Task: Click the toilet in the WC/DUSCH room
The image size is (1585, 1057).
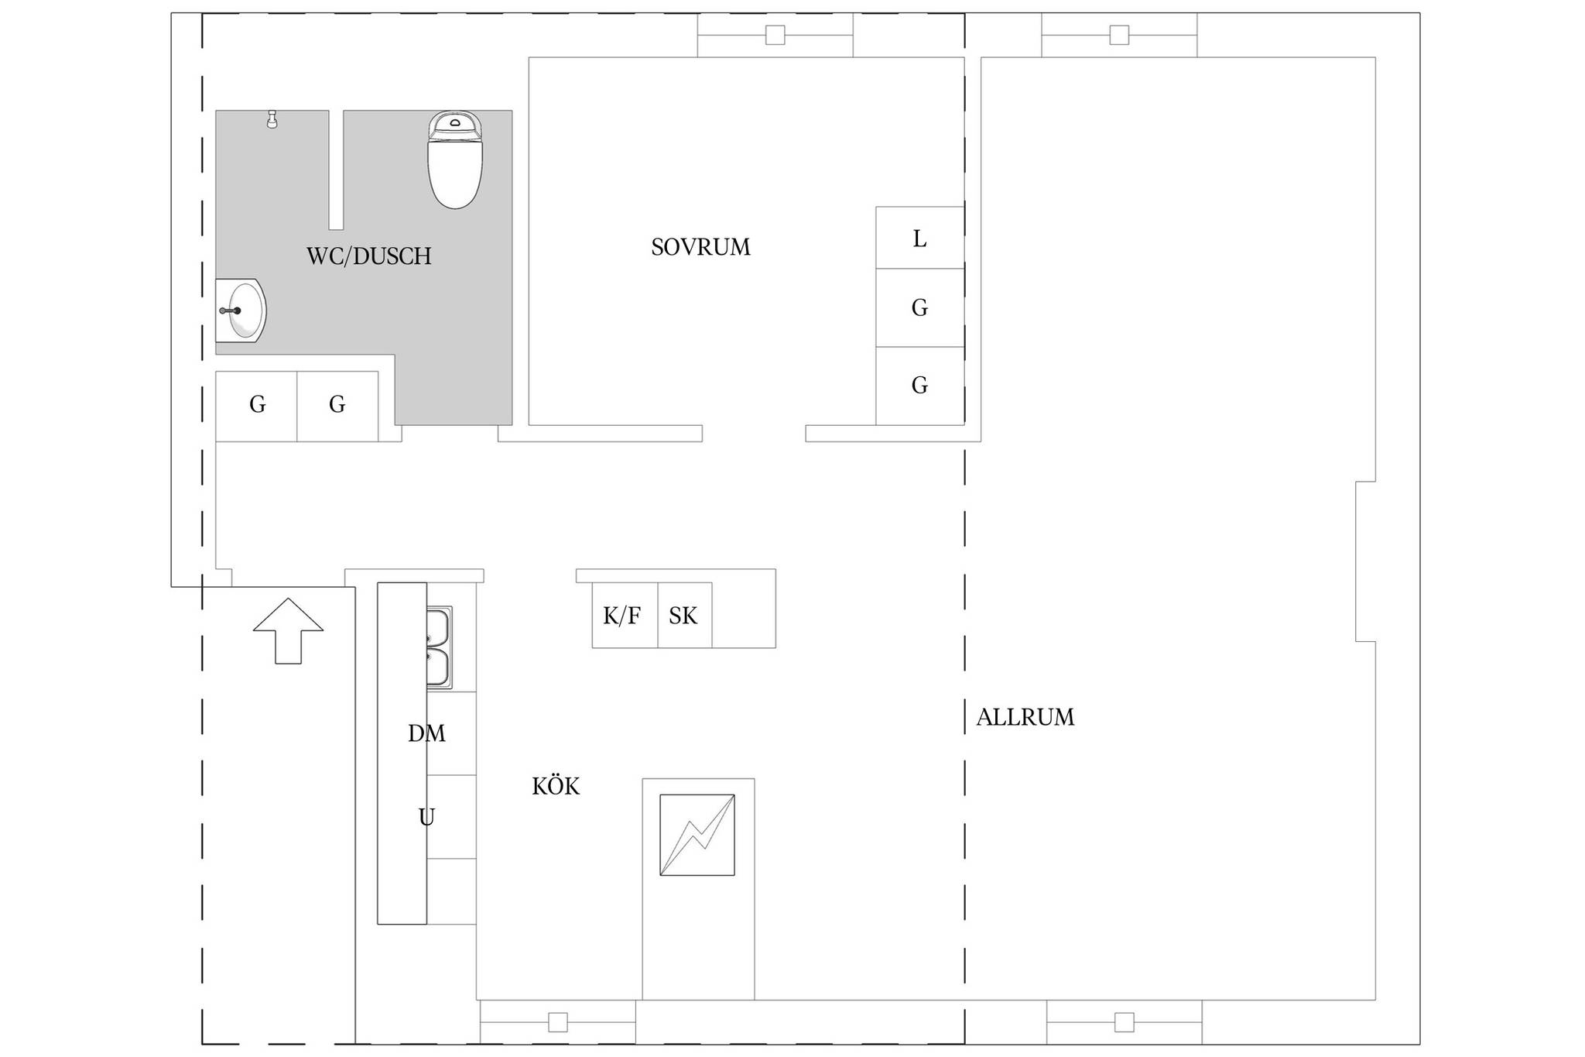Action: coord(455,160)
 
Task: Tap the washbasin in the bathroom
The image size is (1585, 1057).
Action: coord(241,310)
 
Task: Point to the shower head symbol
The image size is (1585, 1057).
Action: coord(272,119)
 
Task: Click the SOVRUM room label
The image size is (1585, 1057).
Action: coord(700,247)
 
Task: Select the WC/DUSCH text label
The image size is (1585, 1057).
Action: coord(369,256)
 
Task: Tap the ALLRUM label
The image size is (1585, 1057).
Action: coord(1025,717)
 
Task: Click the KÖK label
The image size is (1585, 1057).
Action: coord(556,786)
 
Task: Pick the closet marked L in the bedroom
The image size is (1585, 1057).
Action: coord(919,238)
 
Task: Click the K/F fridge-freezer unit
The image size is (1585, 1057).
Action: coord(625,615)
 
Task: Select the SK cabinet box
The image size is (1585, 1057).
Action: coord(685,615)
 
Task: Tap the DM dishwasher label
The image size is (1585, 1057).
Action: coord(426,733)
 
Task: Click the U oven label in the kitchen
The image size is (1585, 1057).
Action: coord(426,817)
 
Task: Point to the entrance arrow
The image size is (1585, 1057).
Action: coord(288,631)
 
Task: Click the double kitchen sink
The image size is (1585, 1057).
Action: coord(439,647)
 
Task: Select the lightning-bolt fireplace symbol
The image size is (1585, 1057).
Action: coord(697,835)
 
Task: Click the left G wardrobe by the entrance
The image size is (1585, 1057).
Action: coord(256,407)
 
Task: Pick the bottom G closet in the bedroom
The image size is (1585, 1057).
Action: coord(919,386)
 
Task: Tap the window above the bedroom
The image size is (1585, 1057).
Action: coord(775,35)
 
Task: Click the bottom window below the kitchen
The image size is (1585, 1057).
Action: coord(558,1022)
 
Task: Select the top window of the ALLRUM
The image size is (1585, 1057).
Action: coord(1119,35)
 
